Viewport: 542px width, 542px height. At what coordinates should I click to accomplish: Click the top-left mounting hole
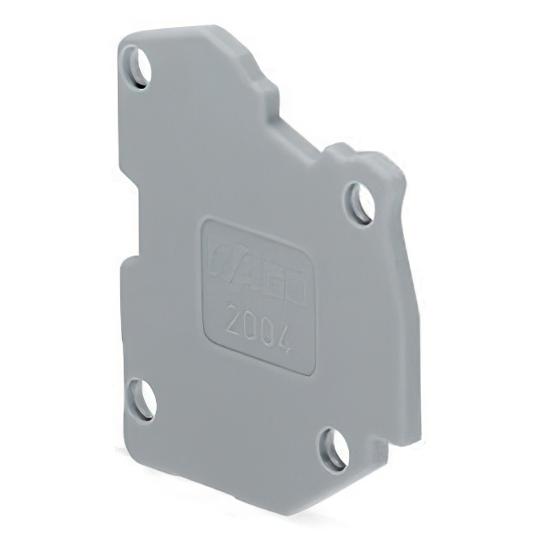[136, 66]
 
